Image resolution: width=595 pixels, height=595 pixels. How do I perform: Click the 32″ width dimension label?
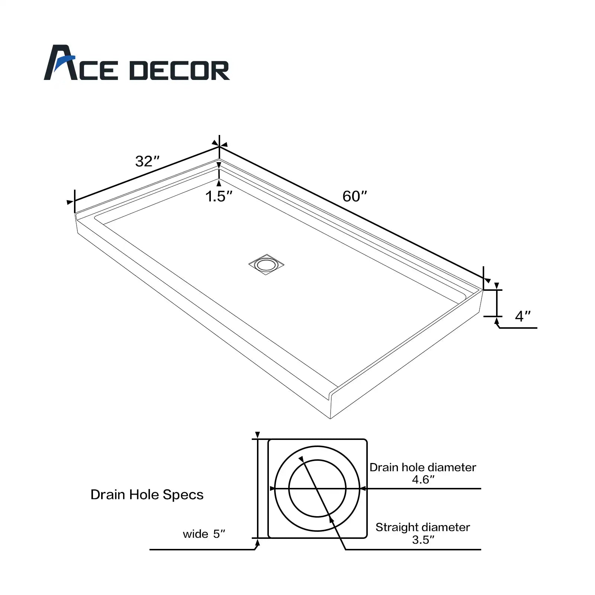147,161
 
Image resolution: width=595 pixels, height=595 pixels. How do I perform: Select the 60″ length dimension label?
354,196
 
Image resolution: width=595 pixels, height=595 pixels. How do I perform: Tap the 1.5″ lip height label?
219,196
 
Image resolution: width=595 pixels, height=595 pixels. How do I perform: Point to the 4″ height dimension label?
522,316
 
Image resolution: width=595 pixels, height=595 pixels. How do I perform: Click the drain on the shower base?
266,265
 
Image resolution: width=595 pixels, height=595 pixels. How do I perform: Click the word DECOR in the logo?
179,71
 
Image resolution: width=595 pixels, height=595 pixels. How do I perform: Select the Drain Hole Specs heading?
147,495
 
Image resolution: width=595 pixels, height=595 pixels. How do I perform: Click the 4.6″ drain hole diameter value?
423,480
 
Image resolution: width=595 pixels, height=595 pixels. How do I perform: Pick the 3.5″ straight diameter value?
423,540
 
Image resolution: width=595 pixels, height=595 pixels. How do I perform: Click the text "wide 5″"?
204,534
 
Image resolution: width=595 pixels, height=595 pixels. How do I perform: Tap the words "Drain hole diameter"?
423,467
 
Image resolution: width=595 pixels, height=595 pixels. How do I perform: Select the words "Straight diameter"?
423,527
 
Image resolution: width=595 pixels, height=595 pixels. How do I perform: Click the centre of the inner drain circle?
317,489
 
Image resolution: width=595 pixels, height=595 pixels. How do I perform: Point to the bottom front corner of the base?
330,418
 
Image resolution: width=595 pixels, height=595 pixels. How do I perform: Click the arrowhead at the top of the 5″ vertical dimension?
257,435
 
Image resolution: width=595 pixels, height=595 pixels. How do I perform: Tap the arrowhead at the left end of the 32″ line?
70,202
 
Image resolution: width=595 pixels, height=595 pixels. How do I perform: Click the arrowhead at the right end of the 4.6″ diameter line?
363,489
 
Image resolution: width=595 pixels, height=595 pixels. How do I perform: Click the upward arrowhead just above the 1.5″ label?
219,183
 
